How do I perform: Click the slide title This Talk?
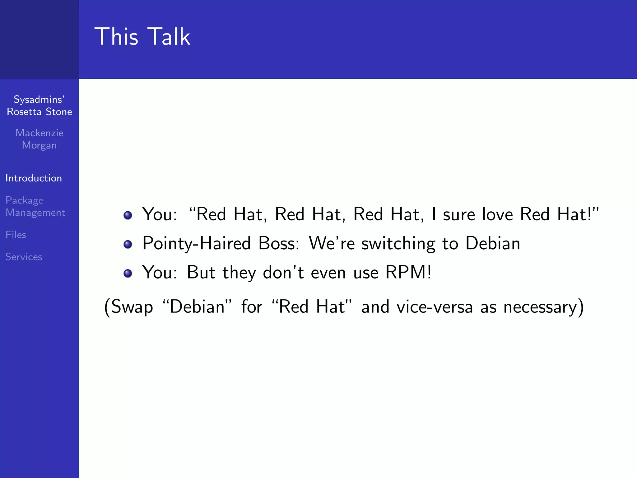coord(142,37)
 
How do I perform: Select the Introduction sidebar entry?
coord(34,178)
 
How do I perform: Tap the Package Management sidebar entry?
coord(35,206)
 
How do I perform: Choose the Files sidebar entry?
coord(16,235)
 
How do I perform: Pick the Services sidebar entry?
coord(24,257)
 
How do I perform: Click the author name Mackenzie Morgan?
coord(40,139)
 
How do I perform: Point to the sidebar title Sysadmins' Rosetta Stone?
coord(40,105)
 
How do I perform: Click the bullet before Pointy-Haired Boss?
coord(128,244)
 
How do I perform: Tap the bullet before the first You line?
coord(128,215)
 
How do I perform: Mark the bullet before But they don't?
coord(128,274)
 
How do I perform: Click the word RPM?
coord(408,273)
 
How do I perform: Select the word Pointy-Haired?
coord(196,243)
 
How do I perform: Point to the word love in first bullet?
coord(497,214)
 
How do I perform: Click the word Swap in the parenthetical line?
coord(132,307)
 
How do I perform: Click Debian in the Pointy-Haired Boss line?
coord(493,243)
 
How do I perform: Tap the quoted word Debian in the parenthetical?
coord(197,307)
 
